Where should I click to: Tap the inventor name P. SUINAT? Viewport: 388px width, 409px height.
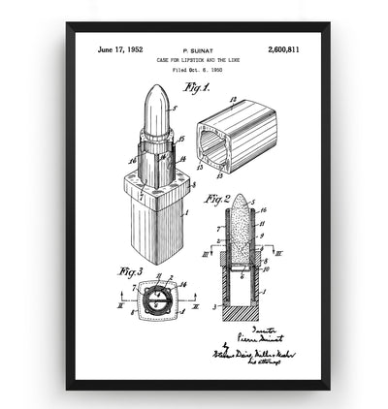pos(196,47)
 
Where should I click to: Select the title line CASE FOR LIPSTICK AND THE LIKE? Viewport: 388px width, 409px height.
pos(196,59)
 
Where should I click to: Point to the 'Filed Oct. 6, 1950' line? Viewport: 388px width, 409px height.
pos(196,71)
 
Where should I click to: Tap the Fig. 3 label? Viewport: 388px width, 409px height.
pos(130,270)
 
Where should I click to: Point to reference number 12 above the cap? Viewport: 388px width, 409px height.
pos(233,100)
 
